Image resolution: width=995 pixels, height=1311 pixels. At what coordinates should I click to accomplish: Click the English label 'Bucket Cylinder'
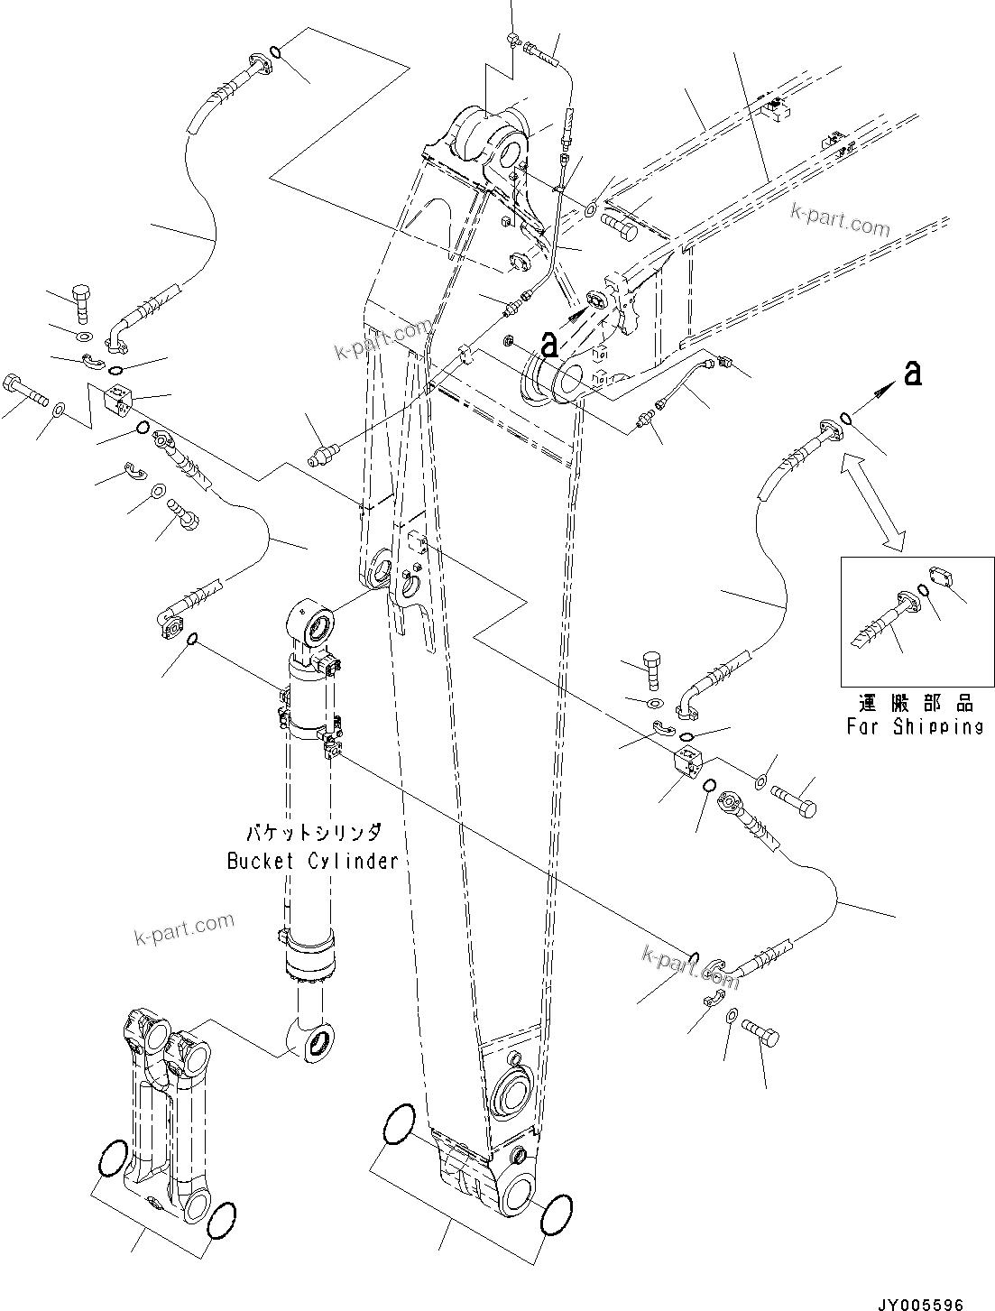coord(312,861)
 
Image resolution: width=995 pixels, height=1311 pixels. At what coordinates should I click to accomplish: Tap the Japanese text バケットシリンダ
coord(312,832)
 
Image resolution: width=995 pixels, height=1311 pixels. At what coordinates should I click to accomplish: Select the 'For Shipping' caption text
coord(915,726)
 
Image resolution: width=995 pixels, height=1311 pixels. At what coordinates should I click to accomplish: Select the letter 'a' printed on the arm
coord(549,342)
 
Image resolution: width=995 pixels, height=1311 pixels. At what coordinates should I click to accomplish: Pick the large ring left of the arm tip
coord(398,1125)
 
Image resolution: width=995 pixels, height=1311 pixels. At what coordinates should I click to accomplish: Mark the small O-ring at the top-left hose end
coord(278,55)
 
